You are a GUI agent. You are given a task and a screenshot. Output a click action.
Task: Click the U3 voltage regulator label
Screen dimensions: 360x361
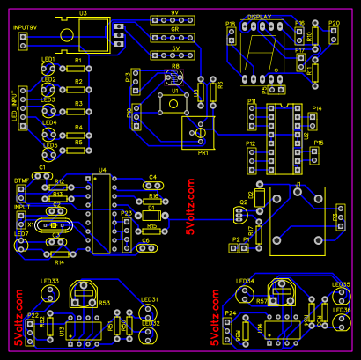pyautogui.click(x=83, y=13)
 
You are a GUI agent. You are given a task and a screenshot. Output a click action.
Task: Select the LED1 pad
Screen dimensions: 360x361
pyautogui.click(x=48, y=70)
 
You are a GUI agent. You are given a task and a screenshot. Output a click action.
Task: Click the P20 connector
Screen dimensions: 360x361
pyautogui.click(x=334, y=34)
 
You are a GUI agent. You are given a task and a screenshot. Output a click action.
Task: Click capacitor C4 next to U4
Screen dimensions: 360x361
pyautogui.click(x=152, y=185)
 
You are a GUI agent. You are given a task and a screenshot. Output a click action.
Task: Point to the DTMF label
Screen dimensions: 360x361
pyautogui.click(x=22, y=180)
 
